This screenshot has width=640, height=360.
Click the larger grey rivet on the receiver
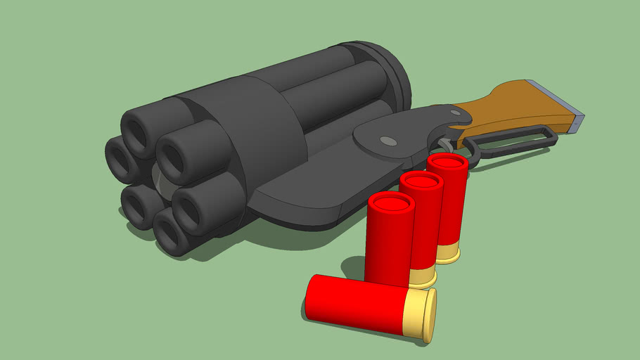388,141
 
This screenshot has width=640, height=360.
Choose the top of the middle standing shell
421,183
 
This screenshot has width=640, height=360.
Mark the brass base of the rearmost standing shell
448,254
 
